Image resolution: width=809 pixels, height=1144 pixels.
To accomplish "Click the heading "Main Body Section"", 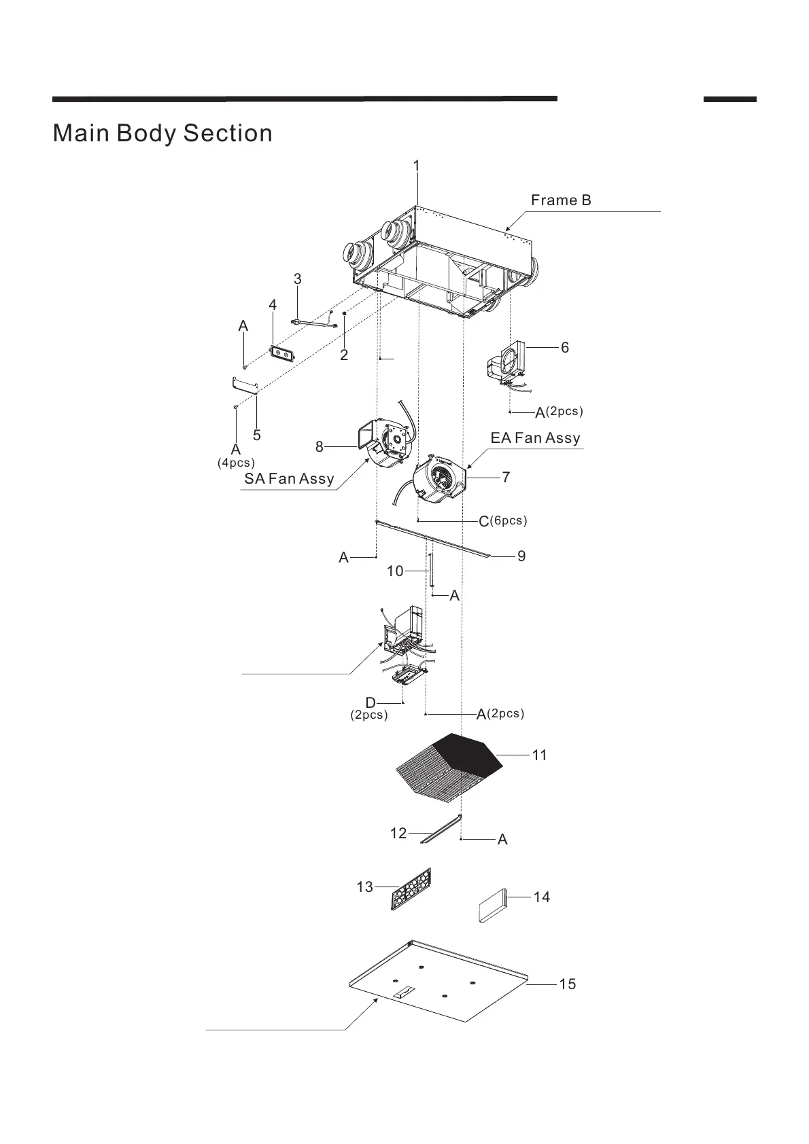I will pyautogui.click(x=162, y=133).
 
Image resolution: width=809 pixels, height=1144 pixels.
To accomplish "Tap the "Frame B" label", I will pyautogui.click(x=561, y=200).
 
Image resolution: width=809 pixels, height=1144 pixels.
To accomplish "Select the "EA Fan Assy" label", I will pyautogui.click(x=535, y=438).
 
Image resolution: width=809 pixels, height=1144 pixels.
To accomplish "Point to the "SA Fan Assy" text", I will pyautogui.click(x=289, y=479).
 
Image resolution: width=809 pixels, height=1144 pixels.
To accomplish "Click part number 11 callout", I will pyautogui.click(x=539, y=755).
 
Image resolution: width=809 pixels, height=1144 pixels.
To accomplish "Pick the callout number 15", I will pyautogui.click(x=567, y=984).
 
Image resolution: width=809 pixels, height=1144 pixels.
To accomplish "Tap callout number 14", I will pyautogui.click(x=541, y=897).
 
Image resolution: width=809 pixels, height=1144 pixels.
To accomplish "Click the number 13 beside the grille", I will pyautogui.click(x=364, y=887).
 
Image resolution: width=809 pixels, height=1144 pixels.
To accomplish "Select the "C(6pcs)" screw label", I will pyautogui.click(x=502, y=521).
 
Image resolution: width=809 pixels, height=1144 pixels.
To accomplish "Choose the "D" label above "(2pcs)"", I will pyautogui.click(x=371, y=702).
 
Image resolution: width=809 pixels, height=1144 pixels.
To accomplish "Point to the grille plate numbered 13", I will pyautogui.click(x=412, y=889).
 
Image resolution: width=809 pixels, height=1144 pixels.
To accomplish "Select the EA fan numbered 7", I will pyautogui.click(x=439, y=478).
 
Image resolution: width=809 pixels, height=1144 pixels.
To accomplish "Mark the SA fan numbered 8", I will pyautogui.click(x=385, y=444).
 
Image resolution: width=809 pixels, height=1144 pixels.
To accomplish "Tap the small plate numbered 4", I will pyautogui.click(x=283, y=353).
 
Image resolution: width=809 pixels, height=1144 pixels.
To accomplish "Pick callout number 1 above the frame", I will pyautogui.click(x=417, y=166).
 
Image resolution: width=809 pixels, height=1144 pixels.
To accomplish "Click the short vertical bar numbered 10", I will pyautogui.click(x=430, y=571).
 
